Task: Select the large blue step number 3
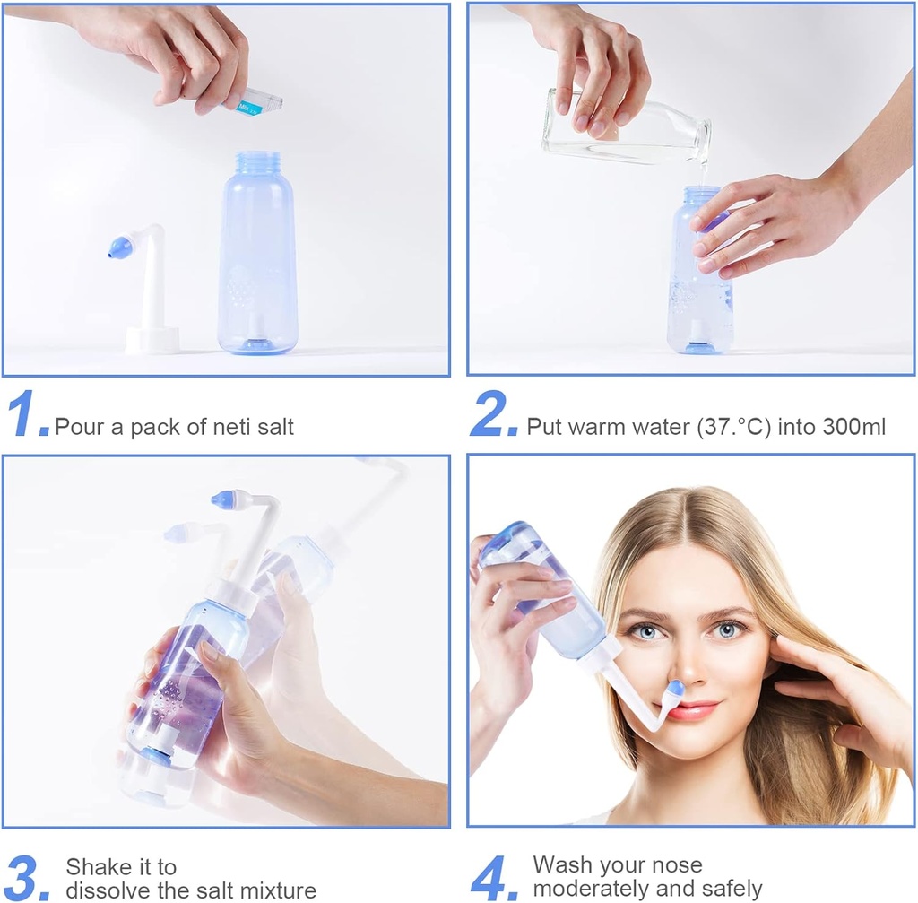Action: [25, 878]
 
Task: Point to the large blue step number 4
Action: [491, 878]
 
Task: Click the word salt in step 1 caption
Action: [272, 427]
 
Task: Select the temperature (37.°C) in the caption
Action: [734, 427]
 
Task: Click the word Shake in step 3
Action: [94, 867]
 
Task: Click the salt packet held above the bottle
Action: [253, 102]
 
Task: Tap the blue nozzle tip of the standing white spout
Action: [119, 248]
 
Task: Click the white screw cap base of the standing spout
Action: [152, 340]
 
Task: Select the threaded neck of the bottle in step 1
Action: [258, 164]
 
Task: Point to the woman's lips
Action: [690, 710]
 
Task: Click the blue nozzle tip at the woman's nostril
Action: [674, 690]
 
